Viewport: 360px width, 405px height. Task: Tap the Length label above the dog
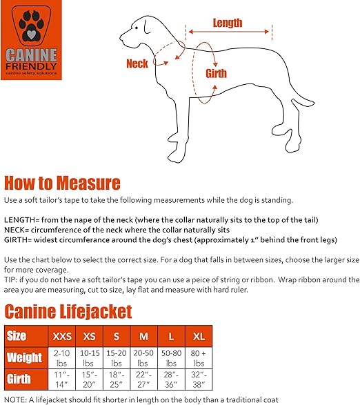227,22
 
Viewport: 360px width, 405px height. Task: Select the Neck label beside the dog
137,64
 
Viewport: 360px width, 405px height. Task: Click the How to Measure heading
62,183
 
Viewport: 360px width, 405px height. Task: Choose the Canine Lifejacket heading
68,312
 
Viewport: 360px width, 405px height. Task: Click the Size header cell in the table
17,336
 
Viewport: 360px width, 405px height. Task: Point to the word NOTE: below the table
15,399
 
